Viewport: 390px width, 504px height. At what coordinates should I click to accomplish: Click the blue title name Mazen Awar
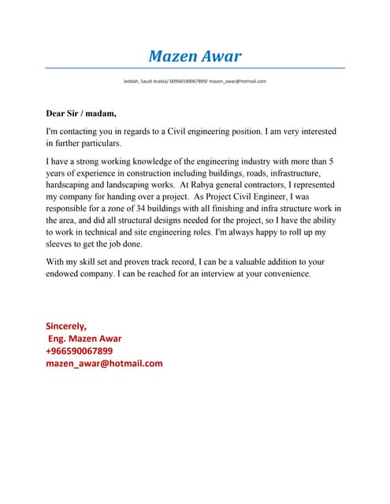[195, 56]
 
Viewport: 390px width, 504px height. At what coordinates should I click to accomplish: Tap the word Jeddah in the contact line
[131, 81]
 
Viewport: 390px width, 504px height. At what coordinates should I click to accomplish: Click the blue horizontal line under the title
[195, 69]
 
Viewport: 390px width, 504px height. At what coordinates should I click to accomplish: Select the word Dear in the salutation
[58, 113]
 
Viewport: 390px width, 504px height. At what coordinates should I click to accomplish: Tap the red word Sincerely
[66, 325]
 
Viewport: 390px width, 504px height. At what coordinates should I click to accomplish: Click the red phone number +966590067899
[80, 350]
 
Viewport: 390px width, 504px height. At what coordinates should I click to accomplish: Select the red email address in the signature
[104, 363]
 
